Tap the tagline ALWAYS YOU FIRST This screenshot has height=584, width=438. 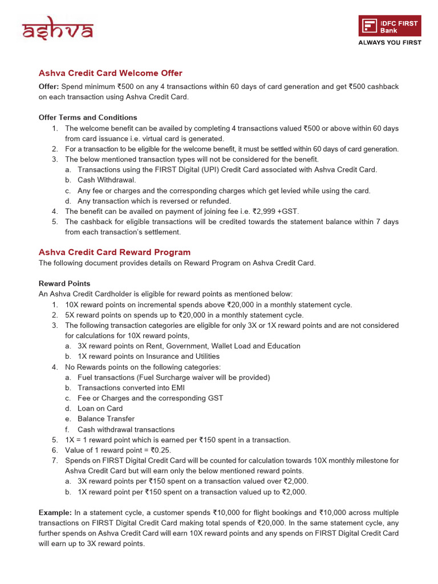pyautogui.click(x=390, y=43)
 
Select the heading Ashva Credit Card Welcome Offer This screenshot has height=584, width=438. pyautogui.click(x=110, y=73)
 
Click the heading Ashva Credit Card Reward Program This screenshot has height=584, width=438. pyautogui.click(x=114, y=252)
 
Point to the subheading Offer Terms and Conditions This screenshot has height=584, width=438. pyautogui.click(x=88, y=117)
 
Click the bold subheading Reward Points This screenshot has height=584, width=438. pyautogui.click(x=64, y=283)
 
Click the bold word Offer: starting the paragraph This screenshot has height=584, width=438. pyautogui.click(x=49, y=87)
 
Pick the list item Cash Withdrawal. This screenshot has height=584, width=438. pyautogui.click(x=107, y=180)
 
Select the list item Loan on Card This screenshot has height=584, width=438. pyautogui.click(x=100, y=408)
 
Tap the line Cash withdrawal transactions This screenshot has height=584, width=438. pyautogui.click(x=126, y=429)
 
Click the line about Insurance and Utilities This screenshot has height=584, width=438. pyautogui.click(x=148, y=356)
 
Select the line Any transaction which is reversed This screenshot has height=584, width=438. pyautogui.click(x=154, y=201)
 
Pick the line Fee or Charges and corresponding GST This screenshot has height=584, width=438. pyautogui.click(x=150, y=398)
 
